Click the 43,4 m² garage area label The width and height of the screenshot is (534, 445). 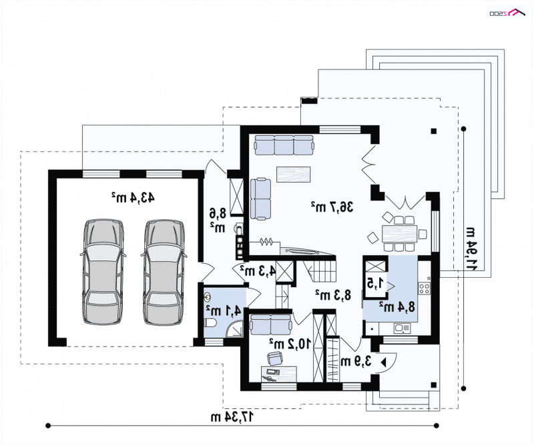tap(132, 197)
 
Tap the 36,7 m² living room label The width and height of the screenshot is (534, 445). tap(332, 207)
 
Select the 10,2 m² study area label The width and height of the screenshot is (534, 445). tap(290, 344)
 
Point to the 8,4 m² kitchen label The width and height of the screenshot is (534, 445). tap(397, 307)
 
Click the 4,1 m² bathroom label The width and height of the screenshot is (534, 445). tap(224, 310)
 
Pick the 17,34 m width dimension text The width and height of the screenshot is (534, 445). tap(233, 417)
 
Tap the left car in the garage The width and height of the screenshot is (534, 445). tap(103, 272)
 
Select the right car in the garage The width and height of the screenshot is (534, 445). tap(164, 272)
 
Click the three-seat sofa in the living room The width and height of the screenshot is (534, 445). tap(284, 145)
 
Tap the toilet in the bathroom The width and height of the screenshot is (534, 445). tap(210, 323)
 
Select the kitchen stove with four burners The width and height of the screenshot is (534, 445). tap(425, 288)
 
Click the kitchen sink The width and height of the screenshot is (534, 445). tap(403, 328)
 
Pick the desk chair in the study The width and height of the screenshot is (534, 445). tap(275, 358)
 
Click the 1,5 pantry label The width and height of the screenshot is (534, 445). tap(375, 283)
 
